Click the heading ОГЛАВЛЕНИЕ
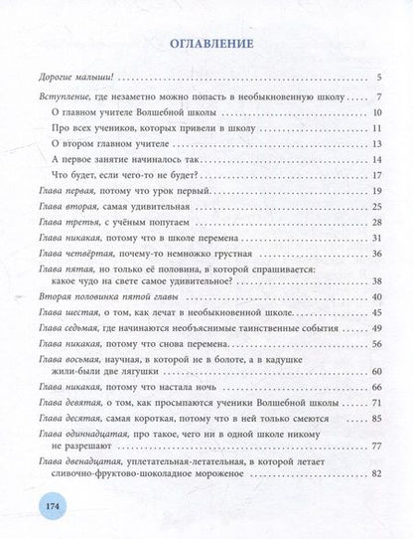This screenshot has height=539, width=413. point(206,44)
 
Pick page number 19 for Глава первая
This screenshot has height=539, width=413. point(376,188)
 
